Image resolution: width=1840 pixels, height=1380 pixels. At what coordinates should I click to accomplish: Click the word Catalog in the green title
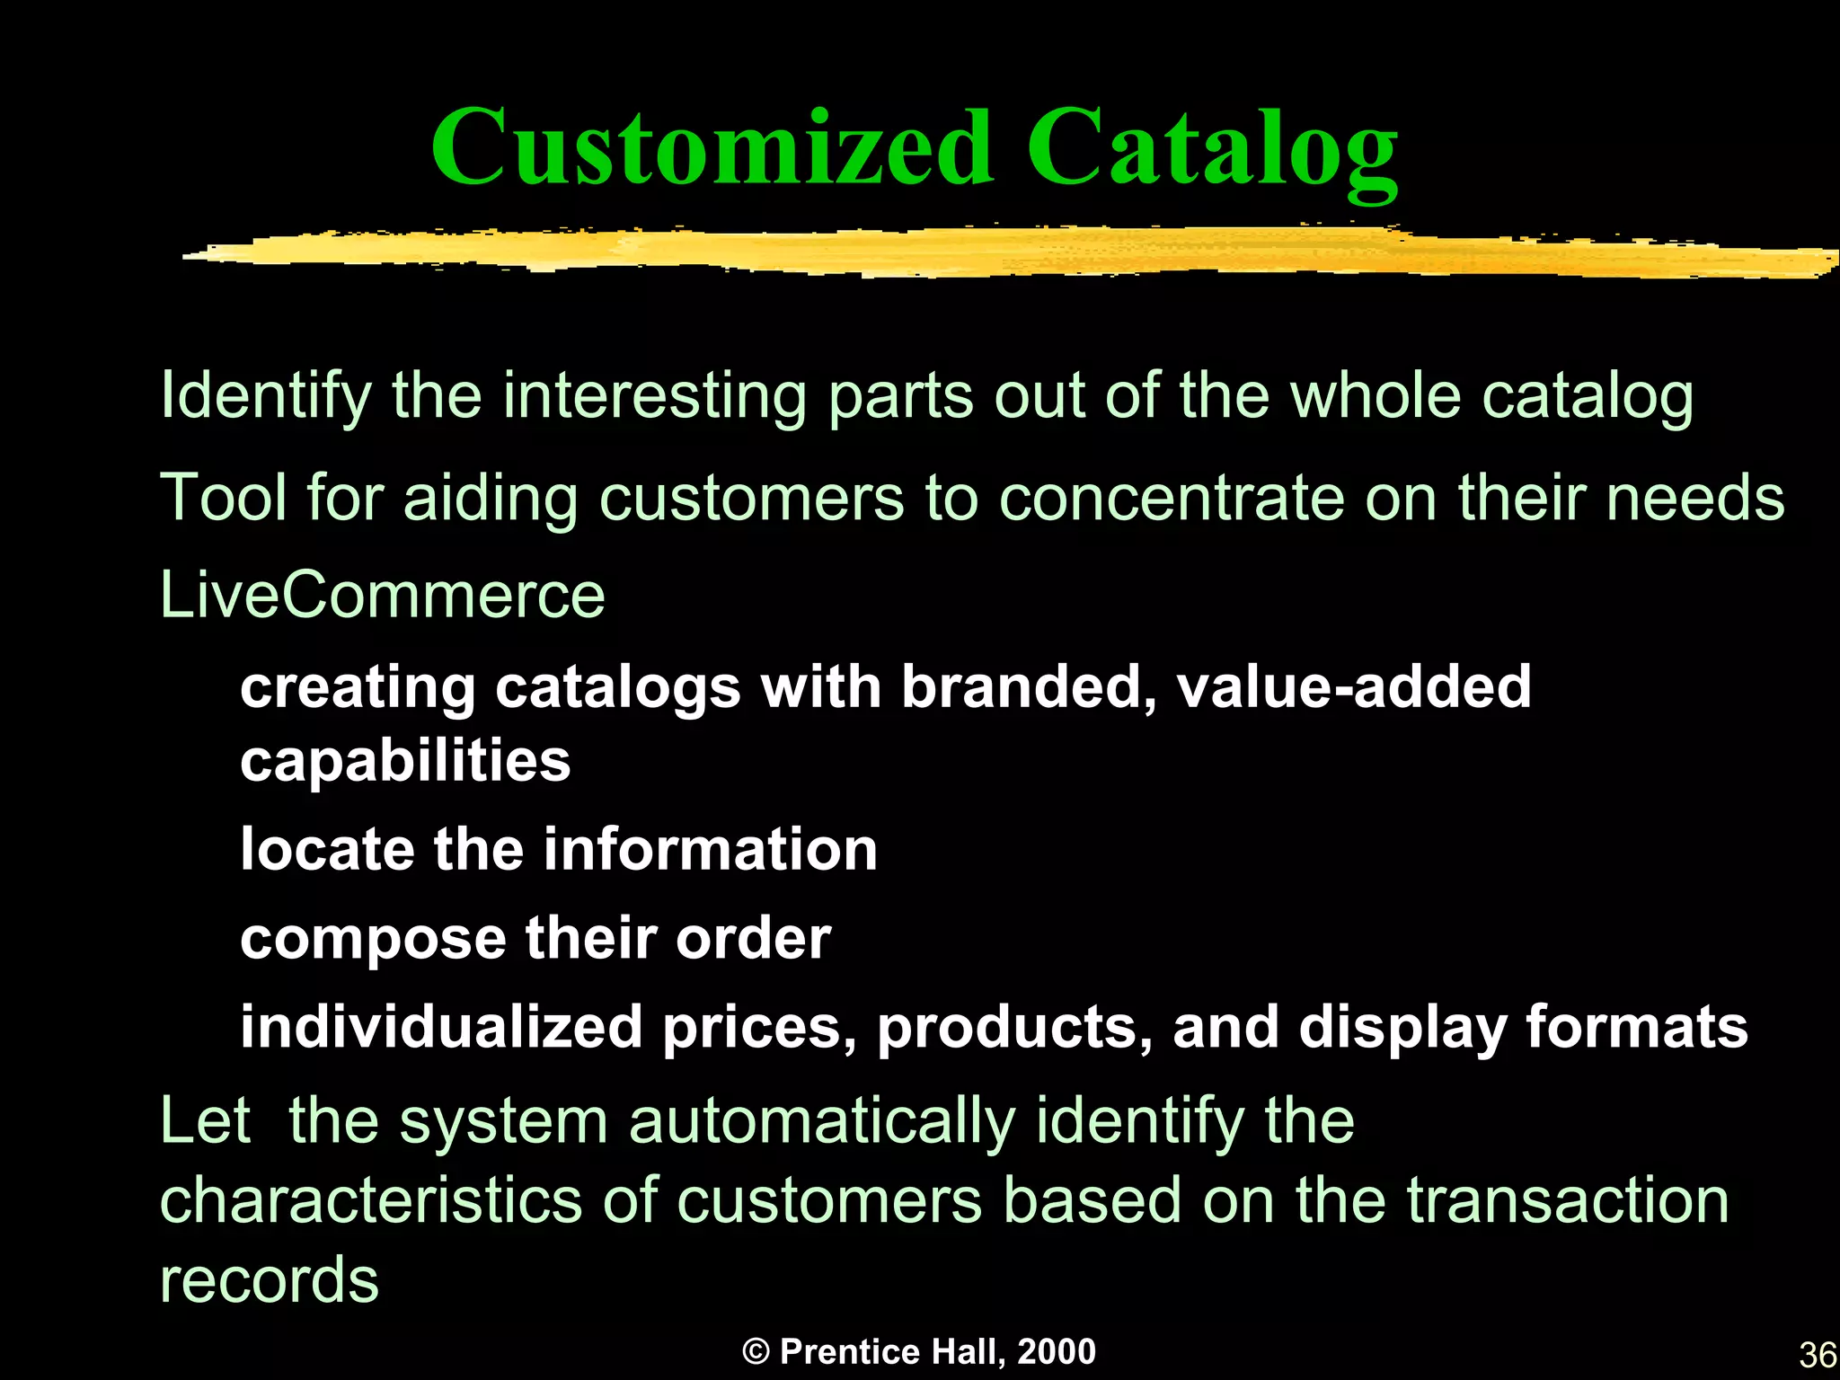tap(1211, 148)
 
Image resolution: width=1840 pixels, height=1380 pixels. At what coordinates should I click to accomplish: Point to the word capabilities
tap(405, 761)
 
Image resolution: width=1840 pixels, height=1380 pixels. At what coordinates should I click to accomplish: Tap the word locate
tap(327, 849)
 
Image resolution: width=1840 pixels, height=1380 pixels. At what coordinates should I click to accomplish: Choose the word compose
tap(373, 940)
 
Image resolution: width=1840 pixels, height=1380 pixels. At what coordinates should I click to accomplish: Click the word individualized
tap(441, 1027)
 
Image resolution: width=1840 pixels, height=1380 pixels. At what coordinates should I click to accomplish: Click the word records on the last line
tap(270, 1279)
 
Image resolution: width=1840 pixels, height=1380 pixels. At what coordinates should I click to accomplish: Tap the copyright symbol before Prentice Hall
tap(756, 1352)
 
